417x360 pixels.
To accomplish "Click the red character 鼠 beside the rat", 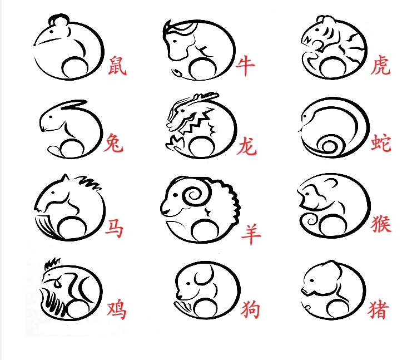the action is [x=117, y=65].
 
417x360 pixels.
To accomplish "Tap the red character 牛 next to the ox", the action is [x=245, y=66].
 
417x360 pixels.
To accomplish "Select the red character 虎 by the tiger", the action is [x=380, y=65].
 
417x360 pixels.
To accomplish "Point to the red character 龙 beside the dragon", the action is [x=246, y=146].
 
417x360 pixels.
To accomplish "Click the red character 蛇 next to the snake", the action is [x=381, y=143].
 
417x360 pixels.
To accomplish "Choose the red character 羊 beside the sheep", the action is [x=251, y=234].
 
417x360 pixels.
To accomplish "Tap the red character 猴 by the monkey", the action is [x=381, y=223].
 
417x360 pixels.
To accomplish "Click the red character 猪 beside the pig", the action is [x=379, y=309].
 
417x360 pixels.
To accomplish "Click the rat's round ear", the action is [x=59, y=20].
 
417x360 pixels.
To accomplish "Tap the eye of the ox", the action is [x=175, y=41].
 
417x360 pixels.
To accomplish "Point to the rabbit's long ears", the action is [x=72, y=104].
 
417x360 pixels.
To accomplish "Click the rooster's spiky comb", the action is [x=52, y=263].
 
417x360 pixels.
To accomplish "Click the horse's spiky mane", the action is [x=89, y=182].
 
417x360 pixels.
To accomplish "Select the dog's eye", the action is [x=188, y=284].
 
